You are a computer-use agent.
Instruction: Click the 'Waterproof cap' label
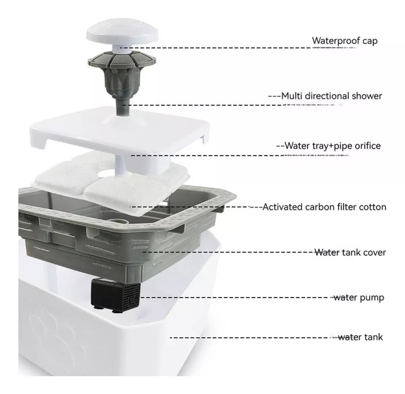point(345,41)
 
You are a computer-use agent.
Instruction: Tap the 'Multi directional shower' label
point(332,96)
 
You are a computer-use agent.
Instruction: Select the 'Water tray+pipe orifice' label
point(333,146)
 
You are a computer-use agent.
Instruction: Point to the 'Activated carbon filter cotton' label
point(324,207)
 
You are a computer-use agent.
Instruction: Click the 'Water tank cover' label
point(350,252)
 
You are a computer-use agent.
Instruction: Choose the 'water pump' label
point(358,298)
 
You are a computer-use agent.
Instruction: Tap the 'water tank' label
point(360,337)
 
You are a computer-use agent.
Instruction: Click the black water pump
point(115,295)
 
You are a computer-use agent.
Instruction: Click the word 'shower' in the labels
point(365,96)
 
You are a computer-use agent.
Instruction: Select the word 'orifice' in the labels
point(368,146)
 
